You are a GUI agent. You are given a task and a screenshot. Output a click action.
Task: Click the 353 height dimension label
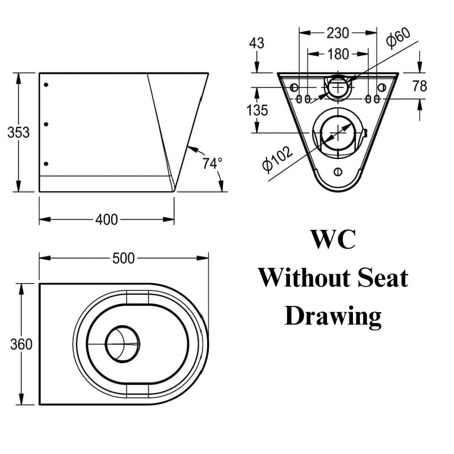click(19, 132)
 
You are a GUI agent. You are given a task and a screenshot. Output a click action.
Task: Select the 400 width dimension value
click(107, 220)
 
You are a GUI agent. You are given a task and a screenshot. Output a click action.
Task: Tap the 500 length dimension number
click(124, 258)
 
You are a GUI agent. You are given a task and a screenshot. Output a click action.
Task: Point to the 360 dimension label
click(21, 344)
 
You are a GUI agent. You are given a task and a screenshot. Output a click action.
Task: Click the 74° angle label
click(212, 163)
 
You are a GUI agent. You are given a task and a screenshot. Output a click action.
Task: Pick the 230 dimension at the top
click(338, 33)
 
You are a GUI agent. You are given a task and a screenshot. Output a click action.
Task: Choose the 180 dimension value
click(338, 54)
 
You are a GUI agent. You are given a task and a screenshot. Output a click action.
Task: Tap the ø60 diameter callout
click(398, 37)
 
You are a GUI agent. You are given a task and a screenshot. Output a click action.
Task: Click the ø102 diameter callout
click(278, 159)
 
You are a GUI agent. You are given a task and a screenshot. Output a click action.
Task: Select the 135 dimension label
click(257, 110)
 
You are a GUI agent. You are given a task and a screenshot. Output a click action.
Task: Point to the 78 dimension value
click(419, 86)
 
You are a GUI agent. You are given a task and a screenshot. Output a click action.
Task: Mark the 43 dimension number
click(257, 43)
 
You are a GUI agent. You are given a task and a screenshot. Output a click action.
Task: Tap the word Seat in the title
click(382, 278)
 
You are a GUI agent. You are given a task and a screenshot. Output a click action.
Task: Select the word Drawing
click(333, 317)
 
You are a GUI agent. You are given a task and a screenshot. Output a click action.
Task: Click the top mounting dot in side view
click(46, 85)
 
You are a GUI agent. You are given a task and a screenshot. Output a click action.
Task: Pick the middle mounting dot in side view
click(46, 124)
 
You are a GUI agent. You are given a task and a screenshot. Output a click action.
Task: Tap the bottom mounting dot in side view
click(46, 163)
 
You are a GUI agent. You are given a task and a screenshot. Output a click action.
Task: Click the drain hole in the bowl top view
click(123, 344)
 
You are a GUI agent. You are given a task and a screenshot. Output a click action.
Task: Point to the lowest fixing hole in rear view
click(338, 172)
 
